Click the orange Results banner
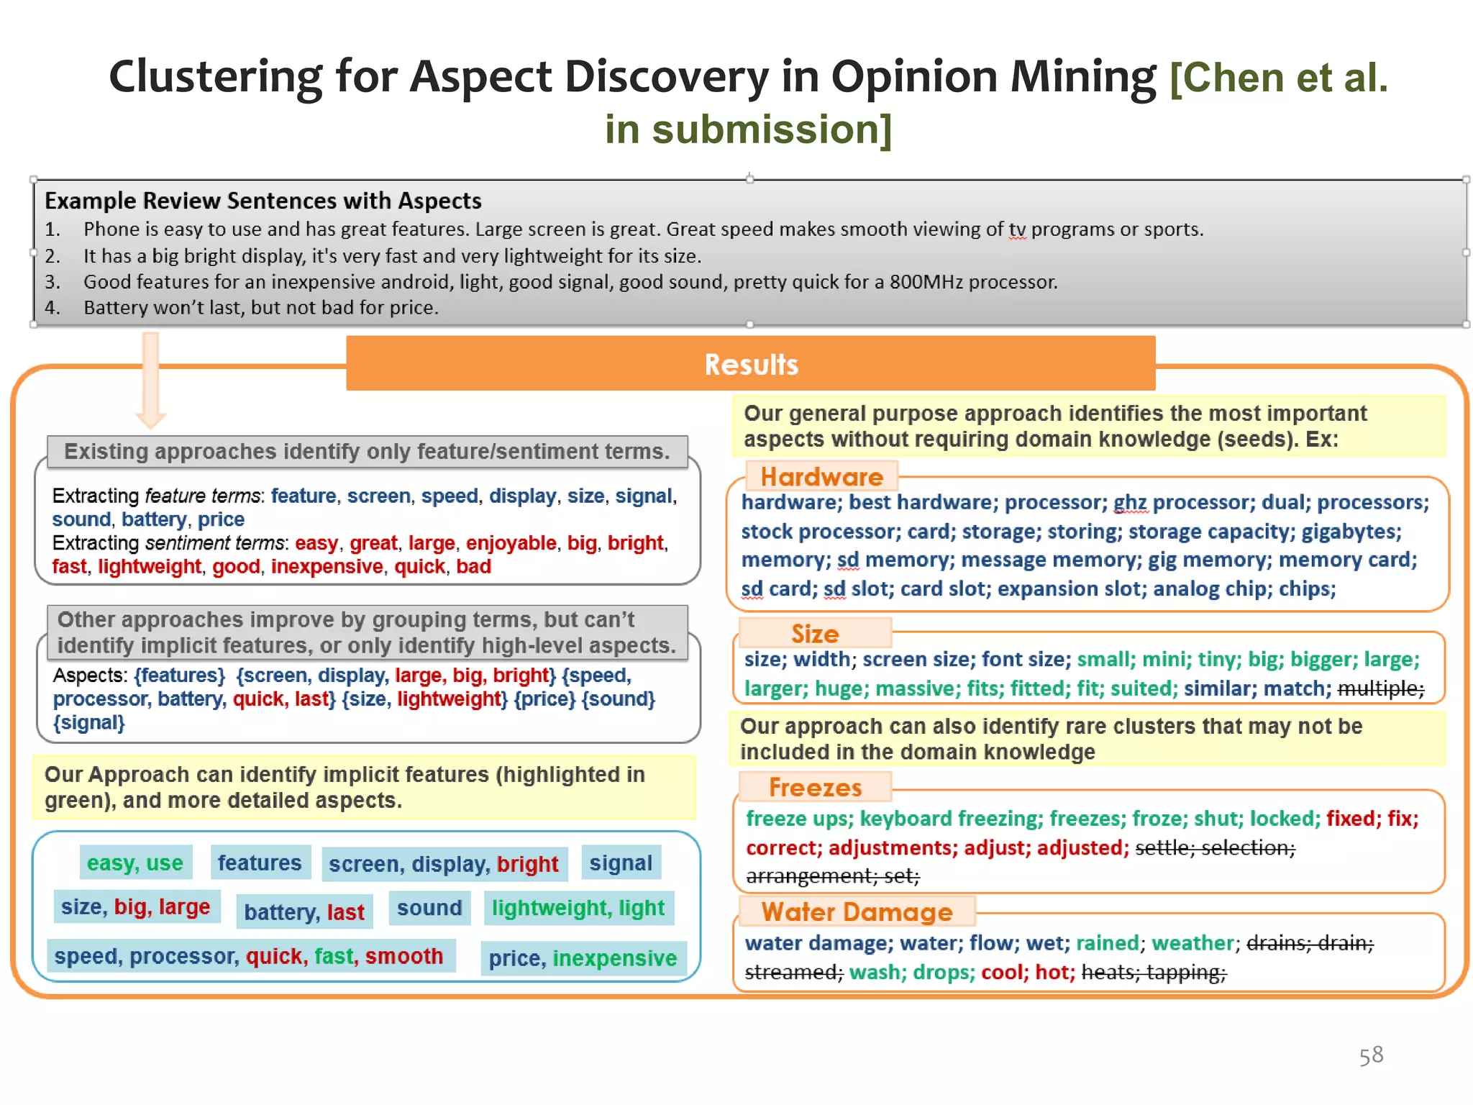pyautogui.click(x=750, y=364)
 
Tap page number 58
pyautogui.click(x=1371, y=1055)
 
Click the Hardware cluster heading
pyautogui.click(x=821, y=477)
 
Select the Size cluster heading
pyautogui.click(x=815, y=634)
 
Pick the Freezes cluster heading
pyautogui.click(x=815, y=788)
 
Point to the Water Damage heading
pyautogui.click(x=857, y=912)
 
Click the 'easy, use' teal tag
pyautogui.click(x=135, y=863)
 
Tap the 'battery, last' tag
pyautogui.click(x=304, y=912)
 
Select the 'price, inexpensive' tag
pyautogui.click(x=583, y=958)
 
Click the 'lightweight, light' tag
pyautogui.click(x=578, y=908)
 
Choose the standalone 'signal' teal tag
pyautogui.click(x=621, y=863)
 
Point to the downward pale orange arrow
pyautogui.click(x=150, y=381)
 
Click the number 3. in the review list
pyautogui.click(x=53, y=282)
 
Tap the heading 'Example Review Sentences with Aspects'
pyautogui.click(x=263, y=201)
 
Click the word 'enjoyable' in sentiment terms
pyautogui.click(x=511, y=543)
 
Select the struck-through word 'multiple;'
pyautogui.click(x=1380, y=689)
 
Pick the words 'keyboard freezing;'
pyautogui.click(x=950, y=819)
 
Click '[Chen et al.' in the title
pyautogui.click(x=1278, y=78)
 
